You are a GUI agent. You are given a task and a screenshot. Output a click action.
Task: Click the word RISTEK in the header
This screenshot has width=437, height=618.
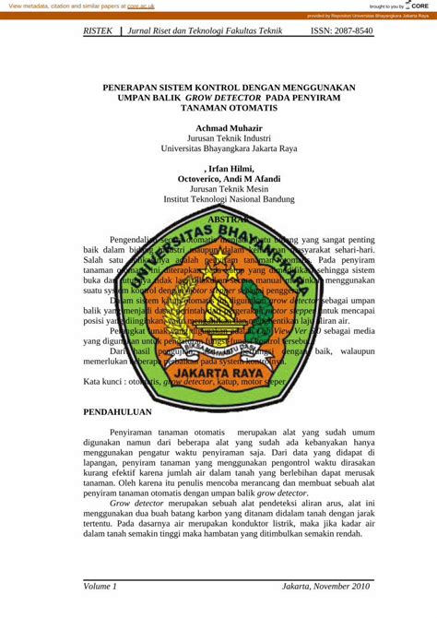(x=99, y=31)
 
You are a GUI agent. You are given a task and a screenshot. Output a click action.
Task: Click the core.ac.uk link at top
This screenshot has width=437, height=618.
(x=141, y=6)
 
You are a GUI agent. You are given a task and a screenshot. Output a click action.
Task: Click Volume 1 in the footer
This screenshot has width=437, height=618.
(x=100, y=587)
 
